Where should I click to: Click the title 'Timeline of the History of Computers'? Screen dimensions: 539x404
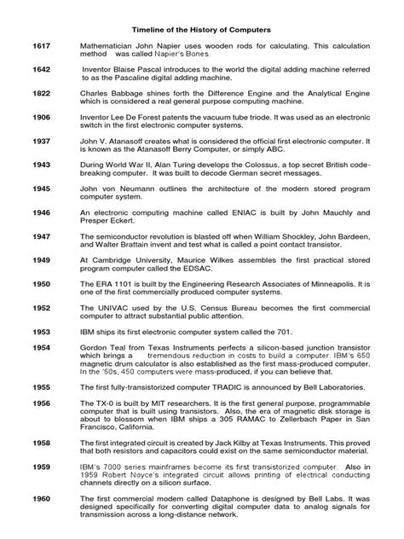202,25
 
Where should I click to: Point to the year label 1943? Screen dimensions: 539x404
41,185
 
